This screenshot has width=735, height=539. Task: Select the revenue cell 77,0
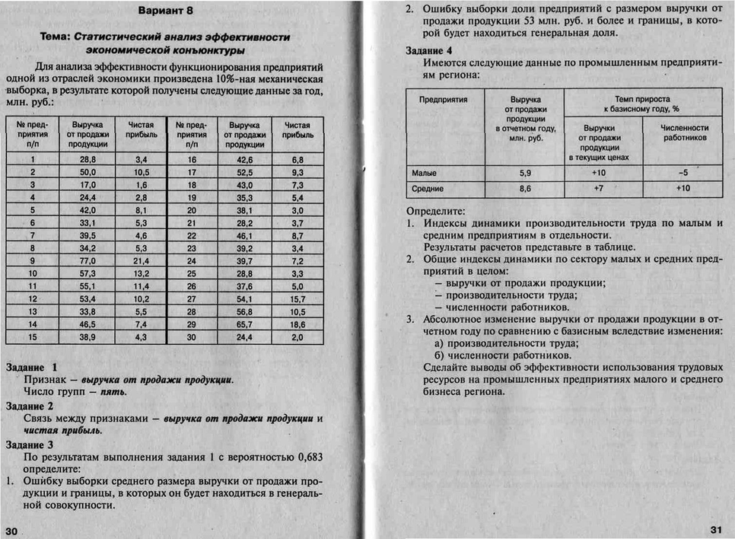click(87, 260)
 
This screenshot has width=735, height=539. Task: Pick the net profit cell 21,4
click(141, 260)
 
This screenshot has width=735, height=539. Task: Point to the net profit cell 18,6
click(297, 324)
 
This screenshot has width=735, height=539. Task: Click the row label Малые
click(424, 173)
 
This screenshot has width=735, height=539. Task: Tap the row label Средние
click(427, 188)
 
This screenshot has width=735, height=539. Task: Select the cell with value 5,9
click(525, 173)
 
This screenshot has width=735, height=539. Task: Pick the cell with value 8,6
click(525, 188)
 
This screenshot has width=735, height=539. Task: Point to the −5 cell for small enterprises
click(682, 173)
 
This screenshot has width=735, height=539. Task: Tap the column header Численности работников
click(685, 132)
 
